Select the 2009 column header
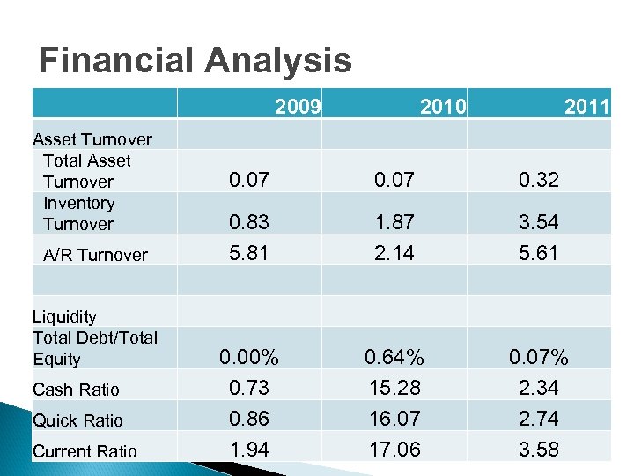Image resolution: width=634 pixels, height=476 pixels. (x=297, y=108)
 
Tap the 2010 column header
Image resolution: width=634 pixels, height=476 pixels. (x=443, y=108)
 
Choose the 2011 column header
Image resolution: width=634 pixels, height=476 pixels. (x=587, y=108)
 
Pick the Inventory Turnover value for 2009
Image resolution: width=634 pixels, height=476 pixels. (x=249, y=222)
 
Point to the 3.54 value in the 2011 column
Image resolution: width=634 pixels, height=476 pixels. (x=539, y=222)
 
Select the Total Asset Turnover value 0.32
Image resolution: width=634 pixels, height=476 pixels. (x=539, y=182)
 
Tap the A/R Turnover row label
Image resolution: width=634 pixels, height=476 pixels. (x=95, y=255)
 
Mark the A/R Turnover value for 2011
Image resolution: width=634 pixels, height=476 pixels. (x=539, y=254)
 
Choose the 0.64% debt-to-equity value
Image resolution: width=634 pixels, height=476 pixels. (x=394, y=358)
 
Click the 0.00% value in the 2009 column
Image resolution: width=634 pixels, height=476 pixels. (x=249, y=358)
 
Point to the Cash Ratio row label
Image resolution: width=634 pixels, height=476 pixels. (x=76, y=390)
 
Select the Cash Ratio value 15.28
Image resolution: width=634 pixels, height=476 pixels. (x=394, y=388)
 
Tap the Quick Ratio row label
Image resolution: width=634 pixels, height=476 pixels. (x=77, y=420)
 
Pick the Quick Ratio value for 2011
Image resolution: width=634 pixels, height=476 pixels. (x=539, y=419)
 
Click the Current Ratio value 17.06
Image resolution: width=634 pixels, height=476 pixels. (x=394, y=450)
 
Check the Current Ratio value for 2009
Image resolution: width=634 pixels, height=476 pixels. (x=249, y=450)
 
